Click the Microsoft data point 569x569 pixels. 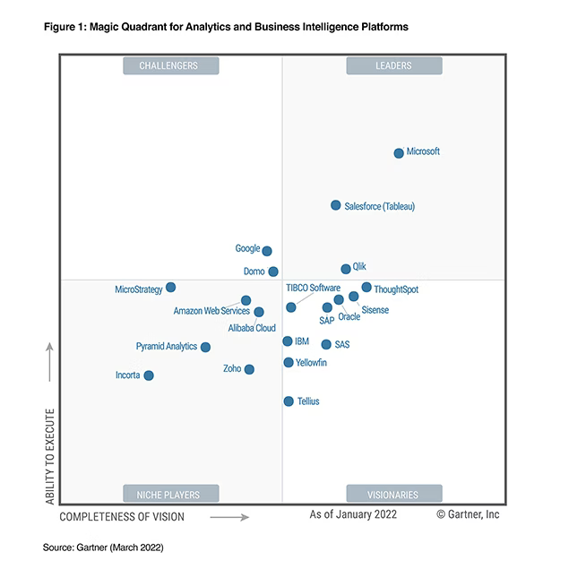click(x=399, y=153)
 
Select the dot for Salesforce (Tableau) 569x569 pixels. click(x=336, y=205)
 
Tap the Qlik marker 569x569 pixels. click(x=346, y=269)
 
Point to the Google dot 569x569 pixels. click(x=266, y=251)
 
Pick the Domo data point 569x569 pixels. click(x=273, y=272)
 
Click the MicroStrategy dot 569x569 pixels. click(x=171, y=288)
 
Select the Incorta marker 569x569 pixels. click(x=149, y=375)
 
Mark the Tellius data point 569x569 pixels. click(x=289, y=401)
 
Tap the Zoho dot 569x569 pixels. click(x=249, y=369)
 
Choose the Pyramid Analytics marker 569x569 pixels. click(x=205, y=347)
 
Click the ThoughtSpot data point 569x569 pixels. click(x=366, y=288)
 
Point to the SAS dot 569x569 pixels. click(x=326, y=344)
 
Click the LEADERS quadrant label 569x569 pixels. click(x=392, y=65)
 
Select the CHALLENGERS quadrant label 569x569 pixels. click(x=168, y=65)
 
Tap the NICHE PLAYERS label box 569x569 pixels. click(x=169, y=494)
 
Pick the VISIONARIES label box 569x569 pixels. click(x=392, y=494)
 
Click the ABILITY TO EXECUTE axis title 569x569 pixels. click(x=51, y=456)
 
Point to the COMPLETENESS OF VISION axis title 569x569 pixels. click(x=122, y=517)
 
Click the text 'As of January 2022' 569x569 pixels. click(x=353, y=515)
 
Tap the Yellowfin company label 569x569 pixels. click(x=313, y=363)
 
